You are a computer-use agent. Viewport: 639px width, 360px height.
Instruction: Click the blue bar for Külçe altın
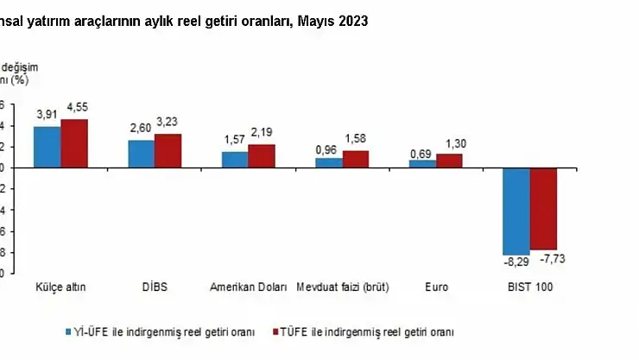pos(47,147)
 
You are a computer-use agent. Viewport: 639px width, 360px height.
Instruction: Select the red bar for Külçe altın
pos(74,143)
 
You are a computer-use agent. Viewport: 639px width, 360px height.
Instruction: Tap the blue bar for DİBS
pos(142,154)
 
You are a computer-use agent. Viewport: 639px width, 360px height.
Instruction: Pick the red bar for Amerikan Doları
pos(262,156)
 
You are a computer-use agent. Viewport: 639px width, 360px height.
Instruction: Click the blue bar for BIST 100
pos(516,211)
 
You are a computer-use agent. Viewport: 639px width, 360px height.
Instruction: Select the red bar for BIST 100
pos(544,208)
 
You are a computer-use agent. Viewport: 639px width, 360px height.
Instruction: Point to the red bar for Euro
pos(449,161)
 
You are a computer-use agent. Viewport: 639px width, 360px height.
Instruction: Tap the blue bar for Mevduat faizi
pos(328,162)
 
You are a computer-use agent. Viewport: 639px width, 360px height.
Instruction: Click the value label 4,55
pos(75,108)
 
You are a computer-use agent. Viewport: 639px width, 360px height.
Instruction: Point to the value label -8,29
pos(516,261)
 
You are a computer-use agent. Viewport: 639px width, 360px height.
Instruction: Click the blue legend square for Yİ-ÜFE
pos(68,332)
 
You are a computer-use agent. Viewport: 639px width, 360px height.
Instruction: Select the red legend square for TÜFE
pos(277,332)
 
